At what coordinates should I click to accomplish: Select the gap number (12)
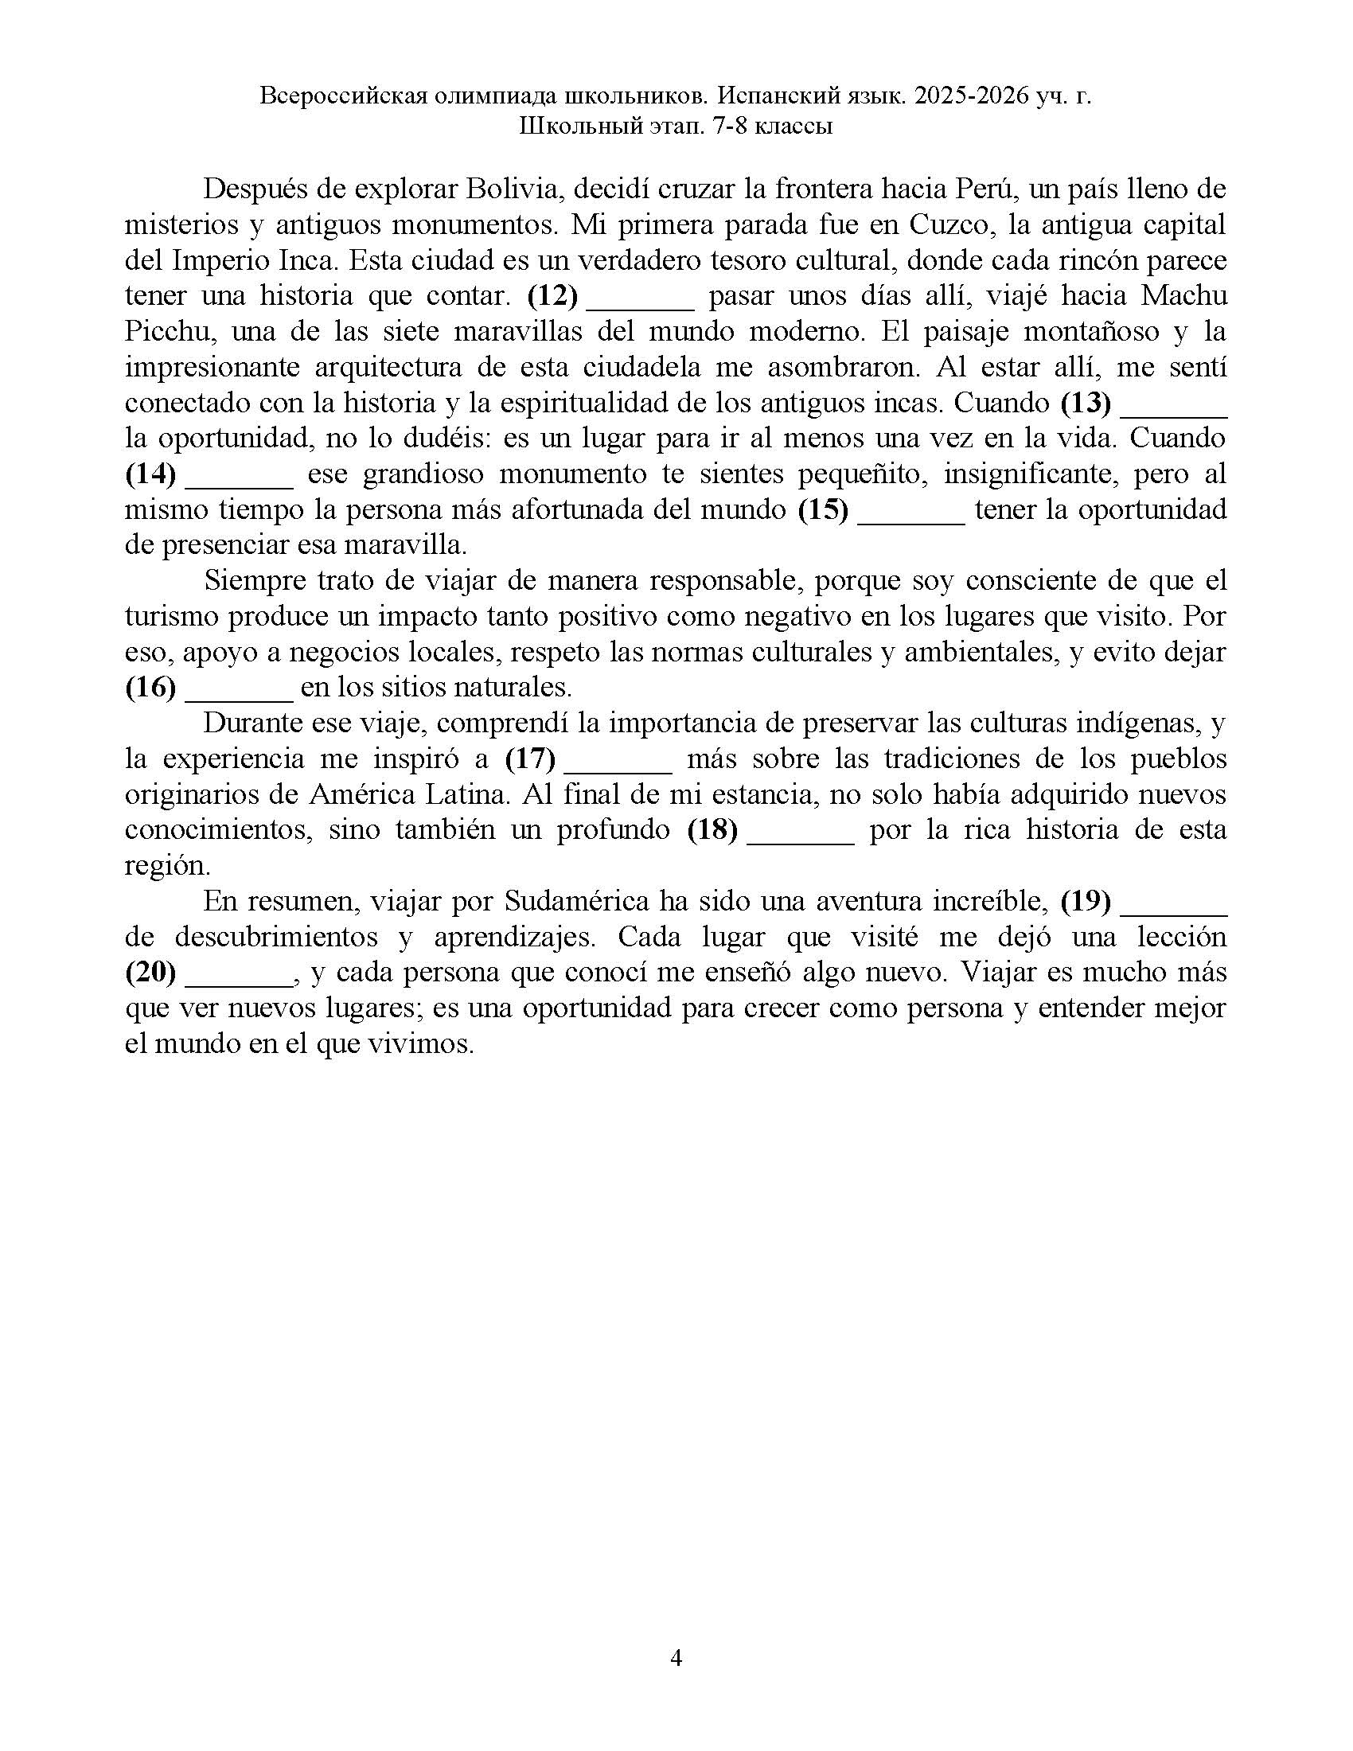click(x=552, y=296)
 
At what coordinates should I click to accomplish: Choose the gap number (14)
click(x=150, y=474)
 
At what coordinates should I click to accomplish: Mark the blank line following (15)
click(x=911, y=510)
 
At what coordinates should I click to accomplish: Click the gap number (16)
click(x=150, y=688)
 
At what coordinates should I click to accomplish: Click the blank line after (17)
click(x=618, y=759)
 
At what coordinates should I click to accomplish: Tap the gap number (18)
click(x=712, y=830)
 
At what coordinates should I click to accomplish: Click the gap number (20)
click(x=150, y=973)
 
